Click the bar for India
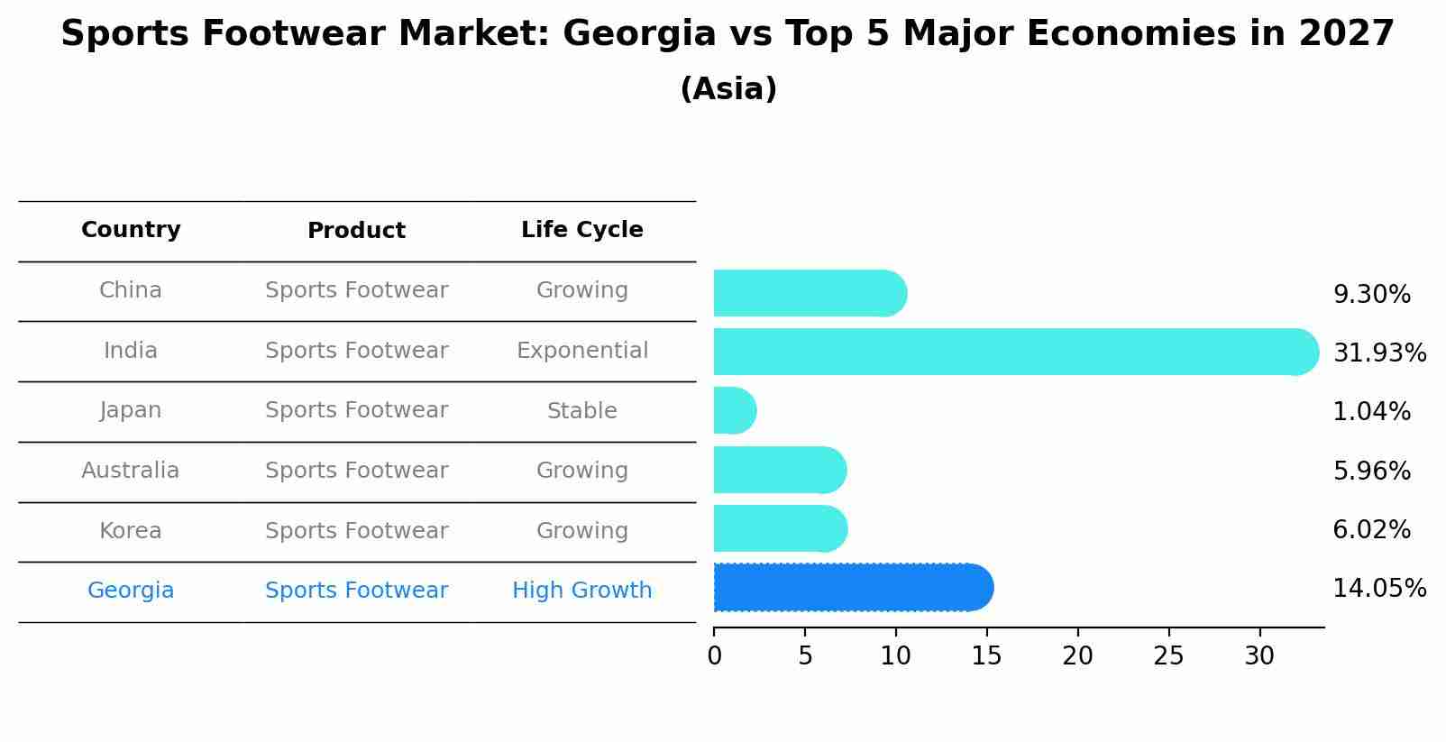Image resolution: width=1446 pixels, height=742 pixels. point(1015,352)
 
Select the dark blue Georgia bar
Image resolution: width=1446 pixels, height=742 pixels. point(852,588)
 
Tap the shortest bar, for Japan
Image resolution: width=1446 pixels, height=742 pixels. point(734,411)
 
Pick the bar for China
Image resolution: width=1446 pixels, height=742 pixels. point(809,293)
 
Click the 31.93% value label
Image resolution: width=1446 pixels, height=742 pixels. point(1378,353)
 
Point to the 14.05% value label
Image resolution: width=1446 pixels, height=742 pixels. point(1378,589)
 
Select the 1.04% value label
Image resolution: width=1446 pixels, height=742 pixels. point(1371,412)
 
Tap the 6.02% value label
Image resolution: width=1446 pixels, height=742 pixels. point(1371,530)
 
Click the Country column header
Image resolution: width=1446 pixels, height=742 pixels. point(131,230)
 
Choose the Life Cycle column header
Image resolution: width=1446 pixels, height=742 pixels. point(581,230)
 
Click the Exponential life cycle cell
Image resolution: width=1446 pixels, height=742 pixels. point(581,351)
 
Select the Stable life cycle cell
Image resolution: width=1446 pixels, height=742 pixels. point(581,411)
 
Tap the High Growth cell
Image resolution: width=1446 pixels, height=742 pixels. point(581,591)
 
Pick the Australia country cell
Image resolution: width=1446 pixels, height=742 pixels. point(131,471)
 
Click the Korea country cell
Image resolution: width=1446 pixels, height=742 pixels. point(131,531)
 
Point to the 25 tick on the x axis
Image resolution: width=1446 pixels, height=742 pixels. point(1168,656)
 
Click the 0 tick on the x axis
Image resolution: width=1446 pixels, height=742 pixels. point(715,656)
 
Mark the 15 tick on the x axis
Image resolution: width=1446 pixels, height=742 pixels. point(986,656)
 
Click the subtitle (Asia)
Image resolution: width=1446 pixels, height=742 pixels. point(728,89)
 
